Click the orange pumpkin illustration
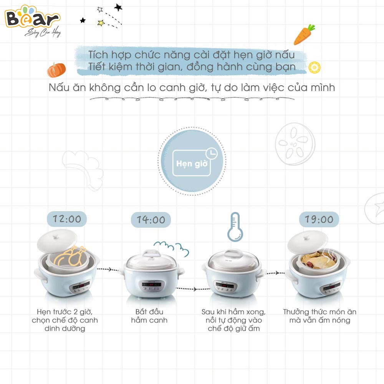[56, 70]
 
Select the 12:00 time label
[67, 219]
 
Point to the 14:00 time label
[151, 220]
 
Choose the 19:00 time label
[319, 219]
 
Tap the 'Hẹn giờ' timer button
[192, 163]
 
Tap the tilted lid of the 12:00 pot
[57, 240]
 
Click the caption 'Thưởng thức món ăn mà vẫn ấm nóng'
[319, 316]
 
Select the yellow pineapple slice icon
[314, 67]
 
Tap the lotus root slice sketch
[295, 142]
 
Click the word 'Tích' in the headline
[98, 54]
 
